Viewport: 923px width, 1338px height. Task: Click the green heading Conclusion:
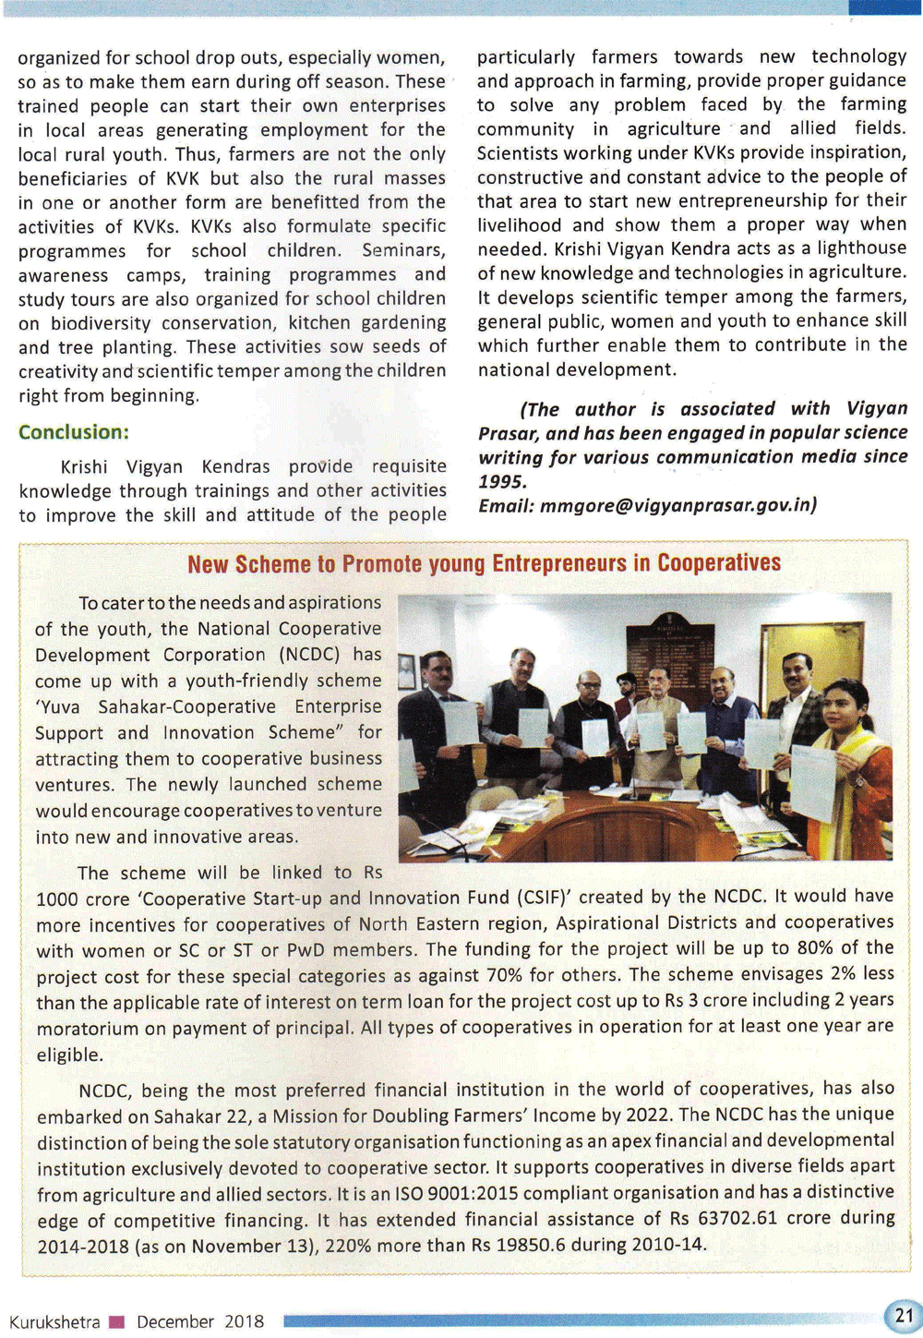[x=74, y=432]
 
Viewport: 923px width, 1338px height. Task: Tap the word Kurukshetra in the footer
[x=54, y=1321]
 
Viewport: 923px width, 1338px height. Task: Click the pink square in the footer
[x=117, y=1321]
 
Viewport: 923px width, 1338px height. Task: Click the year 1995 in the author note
[x=502, y=481]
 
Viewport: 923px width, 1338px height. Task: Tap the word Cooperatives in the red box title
[x=719, y=562]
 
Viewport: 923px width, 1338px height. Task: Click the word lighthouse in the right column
[x=855, y=247]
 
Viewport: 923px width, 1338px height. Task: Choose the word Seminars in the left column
[x=403, y=250]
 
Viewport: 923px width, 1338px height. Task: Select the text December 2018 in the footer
[x=200, y=1321]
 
